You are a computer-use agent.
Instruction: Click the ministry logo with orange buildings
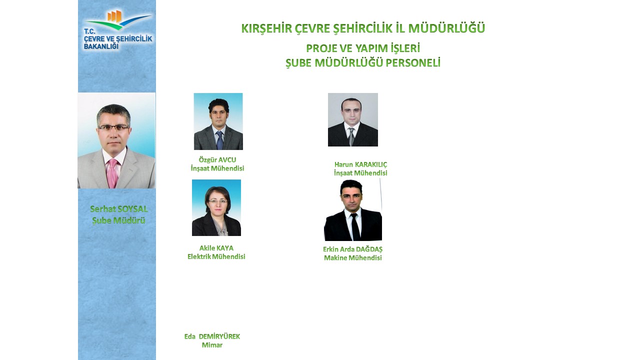pos(117,30)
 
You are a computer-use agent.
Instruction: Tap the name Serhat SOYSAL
pos(119,209)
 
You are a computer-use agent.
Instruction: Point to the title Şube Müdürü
pos(118,220)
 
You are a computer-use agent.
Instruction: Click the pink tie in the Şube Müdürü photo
pos(112,173)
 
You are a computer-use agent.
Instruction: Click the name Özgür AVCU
pos(217,159)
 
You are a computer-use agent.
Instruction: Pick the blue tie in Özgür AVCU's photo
pos(219,140)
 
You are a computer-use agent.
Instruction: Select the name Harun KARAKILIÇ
pos(360,164)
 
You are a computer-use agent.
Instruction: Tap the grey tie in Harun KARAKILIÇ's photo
pos(351,136)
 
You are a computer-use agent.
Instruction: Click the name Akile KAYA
pos(216,248)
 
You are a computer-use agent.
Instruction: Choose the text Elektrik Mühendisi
pos(216,256)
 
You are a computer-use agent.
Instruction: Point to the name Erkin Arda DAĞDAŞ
pos(352,249)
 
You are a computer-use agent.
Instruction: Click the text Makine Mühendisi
pos(353,257)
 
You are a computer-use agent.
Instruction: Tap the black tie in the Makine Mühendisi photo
pos(355,227)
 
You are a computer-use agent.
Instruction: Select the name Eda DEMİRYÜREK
pos(212,336)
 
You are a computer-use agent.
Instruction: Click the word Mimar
pos(212,345)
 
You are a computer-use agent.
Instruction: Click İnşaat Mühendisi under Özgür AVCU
pos(217,168)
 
